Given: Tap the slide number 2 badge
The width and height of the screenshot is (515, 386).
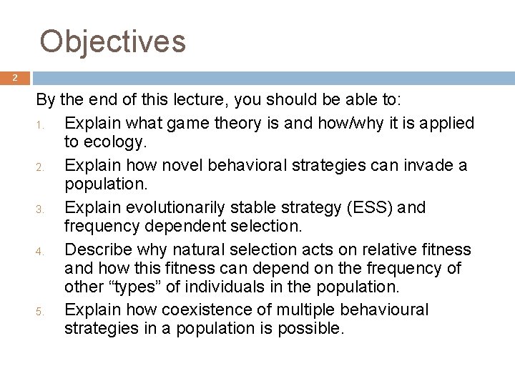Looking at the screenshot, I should [14, 78].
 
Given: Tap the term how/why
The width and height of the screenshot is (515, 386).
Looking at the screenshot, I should [343, 123].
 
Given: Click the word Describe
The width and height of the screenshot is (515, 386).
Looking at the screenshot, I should [97, 249].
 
